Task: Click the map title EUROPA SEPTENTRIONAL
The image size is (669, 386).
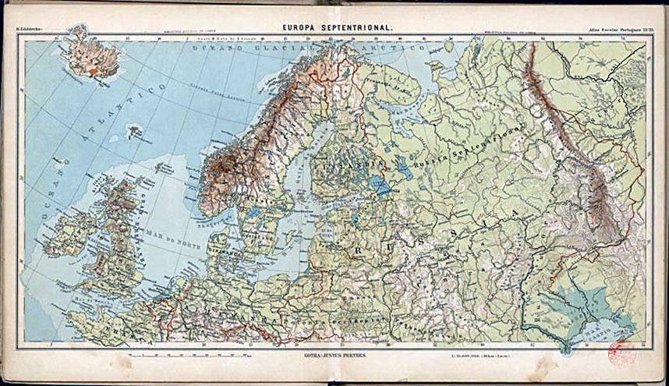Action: coord(337,27)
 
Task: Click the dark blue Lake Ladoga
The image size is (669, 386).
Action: coord(380,185)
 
